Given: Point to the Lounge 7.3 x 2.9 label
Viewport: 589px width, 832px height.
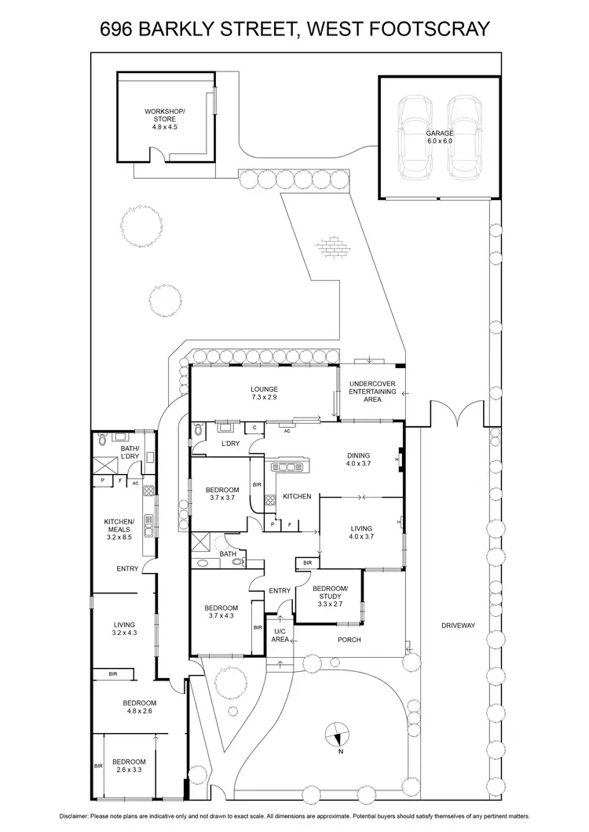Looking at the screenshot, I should click(264, 393).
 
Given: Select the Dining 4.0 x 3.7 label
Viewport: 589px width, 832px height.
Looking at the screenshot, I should click(357, 460).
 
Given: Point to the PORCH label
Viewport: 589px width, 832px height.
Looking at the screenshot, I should click(349, 640).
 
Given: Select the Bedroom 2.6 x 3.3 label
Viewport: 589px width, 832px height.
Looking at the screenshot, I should click(128, 766).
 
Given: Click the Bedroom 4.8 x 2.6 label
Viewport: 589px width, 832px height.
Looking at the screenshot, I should click(139, 707).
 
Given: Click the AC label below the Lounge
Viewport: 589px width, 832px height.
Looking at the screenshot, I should click(287, 431).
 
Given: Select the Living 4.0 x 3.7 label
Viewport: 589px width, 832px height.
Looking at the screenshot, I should click(361, 533).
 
